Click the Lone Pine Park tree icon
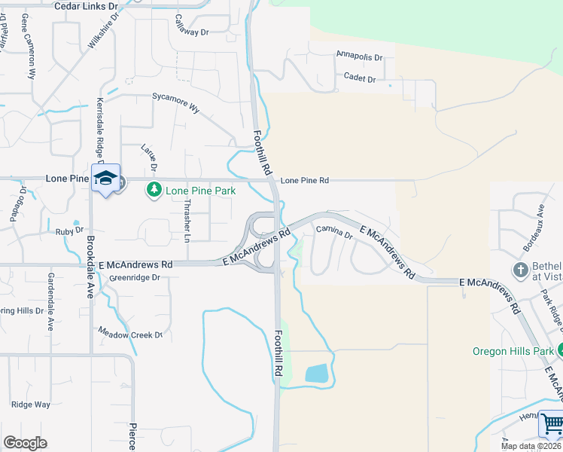tap(154, 189)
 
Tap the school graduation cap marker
tap(105, 178)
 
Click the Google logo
tap(25, 442)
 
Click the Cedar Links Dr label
tap(87, 6)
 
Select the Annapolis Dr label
tap(360, 56)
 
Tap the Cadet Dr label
tap(359, 78)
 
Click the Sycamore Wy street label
tap(176, 102)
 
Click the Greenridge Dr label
tap(135, 277)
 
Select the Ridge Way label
tap(31, 405)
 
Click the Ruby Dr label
tap(63, 231)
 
